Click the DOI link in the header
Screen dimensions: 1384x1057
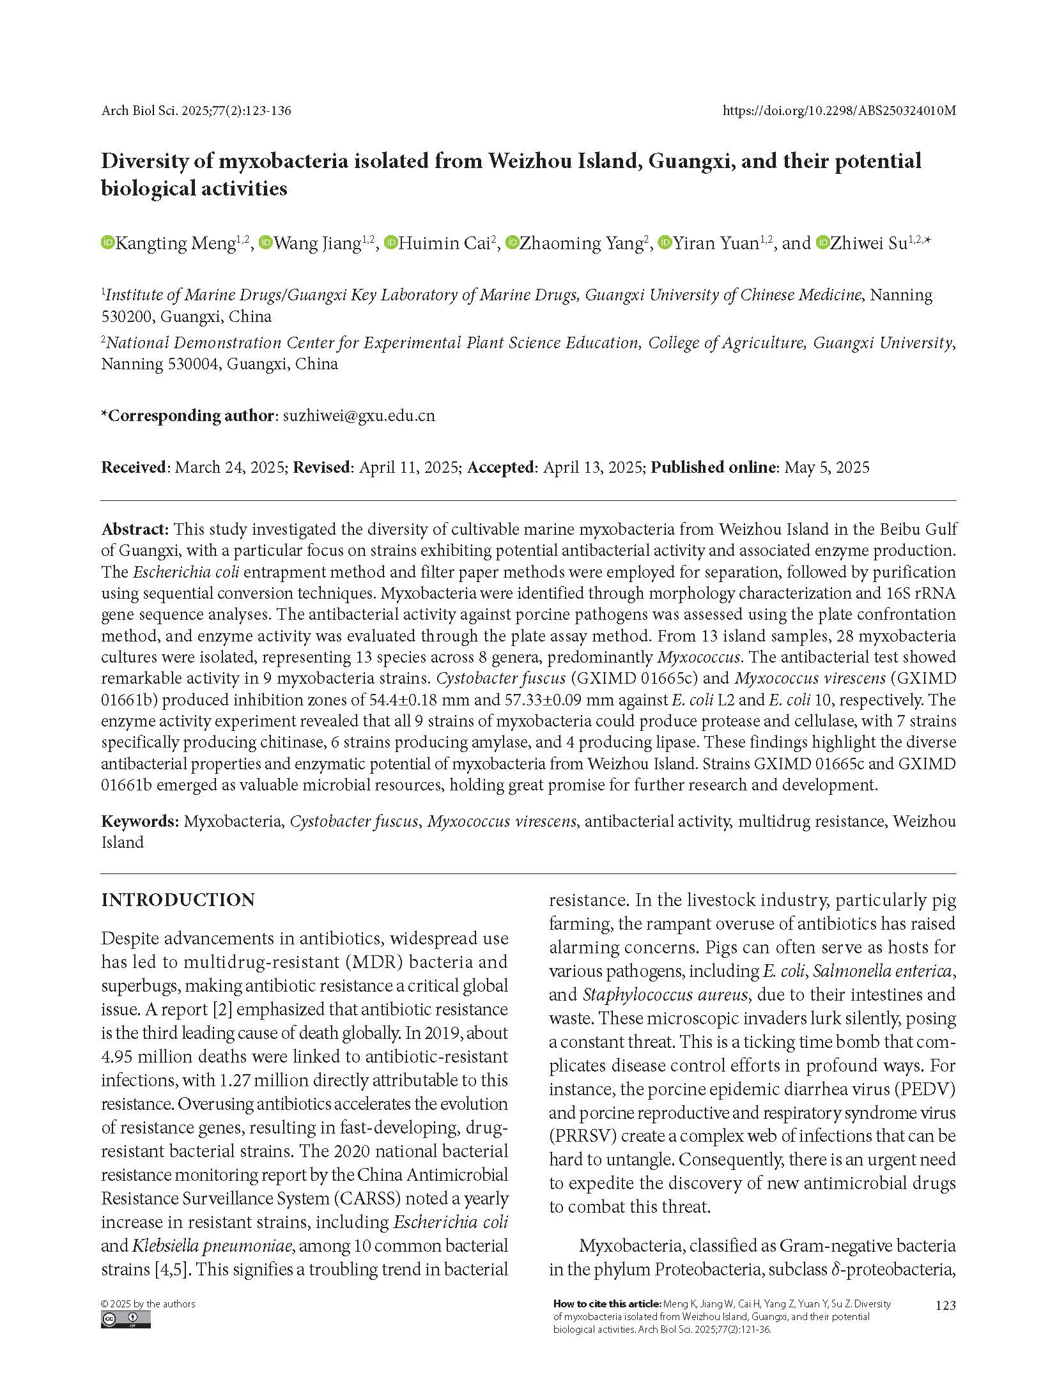pyautogui.click(x=838, y=111)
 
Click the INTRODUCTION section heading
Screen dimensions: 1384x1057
pyautogui.click(x=178, y=900)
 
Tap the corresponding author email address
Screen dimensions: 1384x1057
pyautogui.click(x=359, y=415)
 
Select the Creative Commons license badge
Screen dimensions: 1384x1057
pyautogui.click(x=126, y=1320)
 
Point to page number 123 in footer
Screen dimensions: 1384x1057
pyautogui.click(x=945, y=1305)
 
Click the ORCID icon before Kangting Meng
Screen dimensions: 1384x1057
pyautogui.click(x=107, y=243)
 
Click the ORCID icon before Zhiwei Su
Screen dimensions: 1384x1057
pyautogui.click(x=822, y=243)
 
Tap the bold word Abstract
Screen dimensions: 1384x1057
pyautogui.click(x=134, y=529)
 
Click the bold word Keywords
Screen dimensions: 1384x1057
pyautogui.click(x=139, y=821)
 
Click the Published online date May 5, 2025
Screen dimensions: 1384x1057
pyautogui.click(x=826, y=467)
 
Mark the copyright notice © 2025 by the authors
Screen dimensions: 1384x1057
pyautogui.click(x=148, y=1303)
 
